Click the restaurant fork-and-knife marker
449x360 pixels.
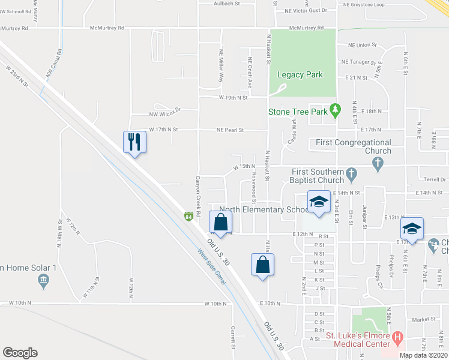tap(134, 142)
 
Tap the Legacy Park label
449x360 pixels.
tap(300, 75)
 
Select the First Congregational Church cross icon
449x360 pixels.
tap(376, 163)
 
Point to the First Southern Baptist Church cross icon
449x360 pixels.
tap(352, 175)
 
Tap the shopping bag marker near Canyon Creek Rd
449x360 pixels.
tap(220, 222)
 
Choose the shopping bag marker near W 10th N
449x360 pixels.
tap(262, 265)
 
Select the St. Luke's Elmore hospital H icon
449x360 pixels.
tap(397, 340)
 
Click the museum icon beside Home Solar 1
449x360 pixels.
tap(43, 280)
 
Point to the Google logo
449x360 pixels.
tap(20, 353)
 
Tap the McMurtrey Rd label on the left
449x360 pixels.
tap(106, 28)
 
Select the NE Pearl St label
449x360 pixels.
tap(231, 130)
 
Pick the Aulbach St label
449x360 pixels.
tap(226, 4)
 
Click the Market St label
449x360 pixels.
tap(406, 320)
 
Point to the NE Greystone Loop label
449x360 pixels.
tap(363, 4)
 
